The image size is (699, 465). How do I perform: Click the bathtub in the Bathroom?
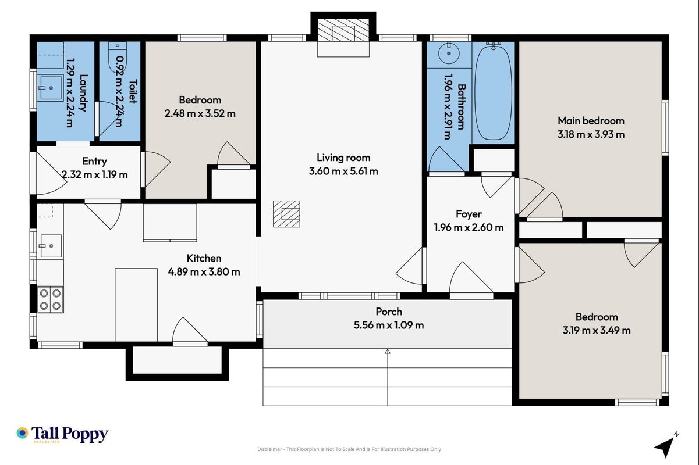click(493, 92)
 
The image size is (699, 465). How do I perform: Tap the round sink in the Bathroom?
click(449, 53)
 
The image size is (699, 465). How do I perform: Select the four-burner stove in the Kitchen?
click(50, 299)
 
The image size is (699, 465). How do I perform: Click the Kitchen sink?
click(51, 246)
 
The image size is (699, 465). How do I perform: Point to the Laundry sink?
click(50, 88)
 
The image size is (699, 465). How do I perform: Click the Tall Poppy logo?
click(62, 434)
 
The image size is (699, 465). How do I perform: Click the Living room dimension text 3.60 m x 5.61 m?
click(343, 171)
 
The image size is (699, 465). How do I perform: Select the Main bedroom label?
click(591, 121)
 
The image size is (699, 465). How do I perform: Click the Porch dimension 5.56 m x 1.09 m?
click(389, 325)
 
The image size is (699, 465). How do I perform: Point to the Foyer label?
click(469, 214)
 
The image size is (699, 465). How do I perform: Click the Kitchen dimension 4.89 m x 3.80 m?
click(204, 272)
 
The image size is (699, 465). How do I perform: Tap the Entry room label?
click(94, 161)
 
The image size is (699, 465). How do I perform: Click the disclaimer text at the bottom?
click(349, 449)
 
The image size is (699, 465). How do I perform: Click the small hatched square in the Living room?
click(286, 214)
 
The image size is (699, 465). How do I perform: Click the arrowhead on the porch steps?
click(387, 352)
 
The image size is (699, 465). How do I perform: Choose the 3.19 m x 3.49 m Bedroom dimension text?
click(597, 330)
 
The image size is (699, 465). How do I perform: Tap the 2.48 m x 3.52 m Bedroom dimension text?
click(200, 113)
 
